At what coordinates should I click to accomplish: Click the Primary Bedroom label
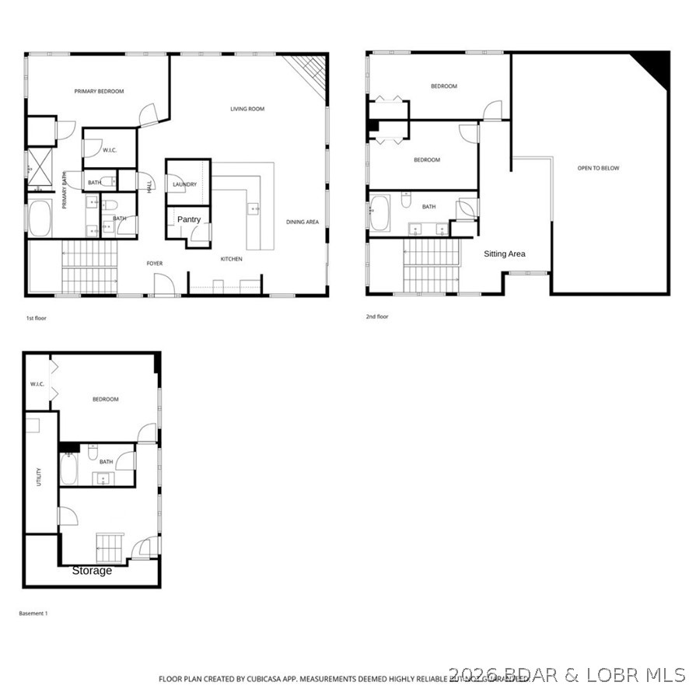click(99, 92)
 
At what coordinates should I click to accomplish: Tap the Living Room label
click(247, 109)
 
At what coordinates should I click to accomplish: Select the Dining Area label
click(303, 222)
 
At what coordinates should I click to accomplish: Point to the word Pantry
click(189, 219)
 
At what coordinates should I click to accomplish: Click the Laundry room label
click(185, 184)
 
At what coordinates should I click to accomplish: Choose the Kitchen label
click(231, 259)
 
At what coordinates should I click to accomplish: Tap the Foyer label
click(155, 264)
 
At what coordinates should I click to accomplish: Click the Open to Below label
click(598, 168)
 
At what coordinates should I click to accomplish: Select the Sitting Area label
click(505, 254)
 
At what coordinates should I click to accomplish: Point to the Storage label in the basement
click(92, 571)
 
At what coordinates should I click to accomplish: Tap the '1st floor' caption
click(35, 318)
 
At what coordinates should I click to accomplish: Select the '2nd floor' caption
click(377, 317)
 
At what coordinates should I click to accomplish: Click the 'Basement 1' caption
click(33, 614)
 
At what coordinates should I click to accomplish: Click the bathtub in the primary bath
click(40, 219)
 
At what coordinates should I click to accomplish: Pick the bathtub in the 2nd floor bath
click(379, 214)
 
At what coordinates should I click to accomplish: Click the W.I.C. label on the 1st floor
click(110, 150)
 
